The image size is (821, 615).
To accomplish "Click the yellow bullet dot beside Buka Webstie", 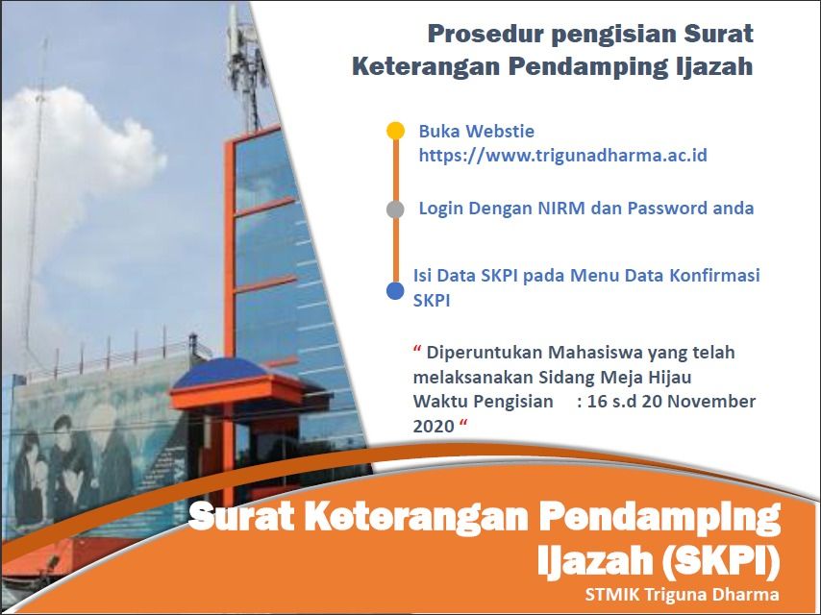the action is pos(395,131).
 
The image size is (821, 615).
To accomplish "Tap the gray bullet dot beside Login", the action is pos(395,209).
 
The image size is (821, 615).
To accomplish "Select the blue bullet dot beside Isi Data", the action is pos(395,291).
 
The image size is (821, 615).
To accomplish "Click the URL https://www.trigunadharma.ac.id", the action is pos(562,156).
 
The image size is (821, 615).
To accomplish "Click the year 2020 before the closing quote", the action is pos(434,427).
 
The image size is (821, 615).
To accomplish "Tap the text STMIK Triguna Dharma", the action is pos(682,595).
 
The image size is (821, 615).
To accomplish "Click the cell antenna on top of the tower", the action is pos(242,58).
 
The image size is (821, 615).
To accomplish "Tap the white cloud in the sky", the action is pos(79,152).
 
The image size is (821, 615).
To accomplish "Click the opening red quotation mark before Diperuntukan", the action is pos(417,349).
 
